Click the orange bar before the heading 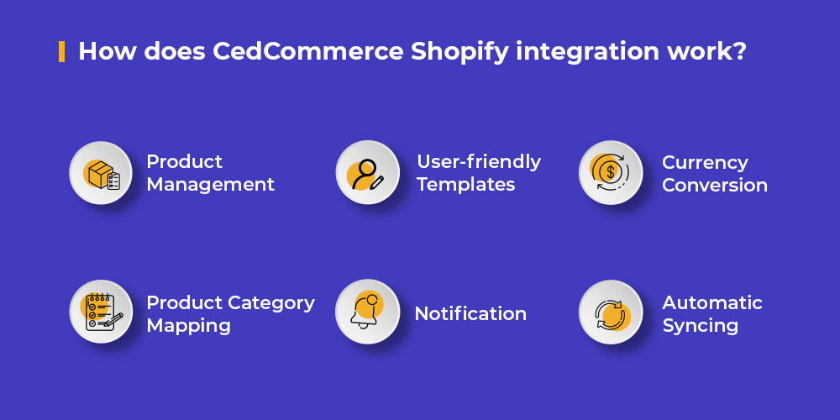[61, 51]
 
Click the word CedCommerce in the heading [307, 51]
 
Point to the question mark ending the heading [740, 51]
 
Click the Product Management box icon [102, 174]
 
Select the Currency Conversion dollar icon [610, 172]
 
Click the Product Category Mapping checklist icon [102, 312]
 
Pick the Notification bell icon [366, 312]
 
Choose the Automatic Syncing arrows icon [612, 314]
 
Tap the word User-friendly [479, 161]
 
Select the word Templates [466, 185]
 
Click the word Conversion [715, 186]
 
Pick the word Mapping [188, 326]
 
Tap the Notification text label [470, 314]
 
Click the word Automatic [712, 302]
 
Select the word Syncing [701, 326]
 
